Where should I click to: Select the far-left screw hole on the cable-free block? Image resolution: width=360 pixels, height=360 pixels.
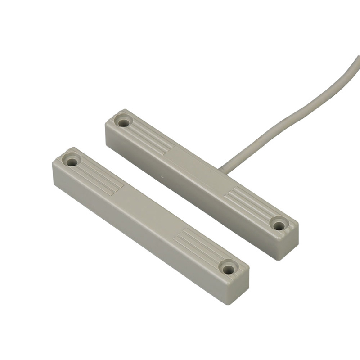click(72, 160)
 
